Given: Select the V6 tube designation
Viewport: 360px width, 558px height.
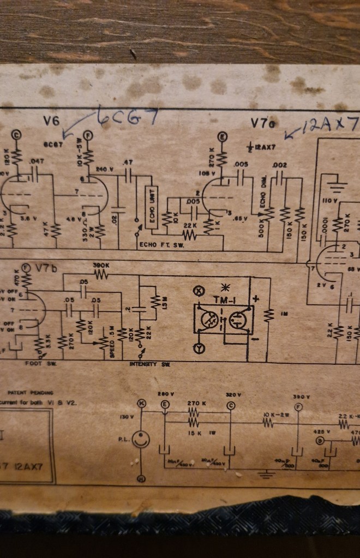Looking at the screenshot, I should (52, 122).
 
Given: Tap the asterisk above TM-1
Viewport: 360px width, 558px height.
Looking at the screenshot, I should (224, 287).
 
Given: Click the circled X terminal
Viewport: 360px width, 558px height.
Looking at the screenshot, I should (200, 290).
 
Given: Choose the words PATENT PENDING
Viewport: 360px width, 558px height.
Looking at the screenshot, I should (31, 392).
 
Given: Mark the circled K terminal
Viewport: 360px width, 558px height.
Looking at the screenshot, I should (142, 404).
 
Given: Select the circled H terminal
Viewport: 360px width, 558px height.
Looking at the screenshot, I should (142, 478).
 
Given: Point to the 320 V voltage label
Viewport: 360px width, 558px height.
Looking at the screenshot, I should (231, 394).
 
